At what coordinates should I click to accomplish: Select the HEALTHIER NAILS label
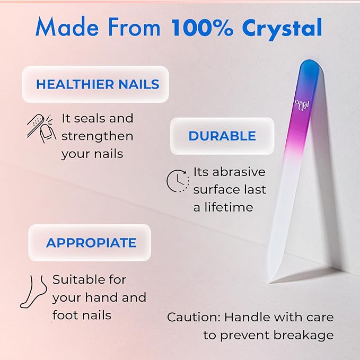click(x=98, y=84)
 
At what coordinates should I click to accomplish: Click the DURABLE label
click(x=222, y=136)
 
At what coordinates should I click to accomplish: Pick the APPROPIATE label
click(x=91, y=243)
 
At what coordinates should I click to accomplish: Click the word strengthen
click(x=97, y=136)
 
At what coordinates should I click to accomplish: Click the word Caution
click(x=193, y=317)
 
